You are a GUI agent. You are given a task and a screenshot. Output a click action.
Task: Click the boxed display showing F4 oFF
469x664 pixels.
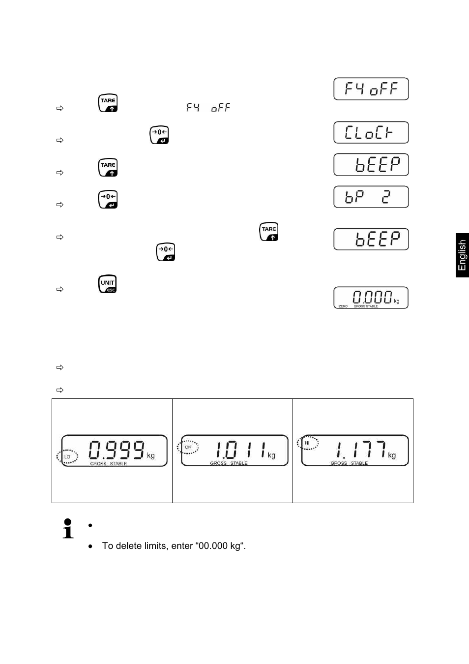(371, 89)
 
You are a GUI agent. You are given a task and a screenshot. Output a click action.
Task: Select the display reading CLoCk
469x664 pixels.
(371, 132)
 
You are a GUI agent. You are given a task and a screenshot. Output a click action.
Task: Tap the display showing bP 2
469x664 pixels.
(371, 197)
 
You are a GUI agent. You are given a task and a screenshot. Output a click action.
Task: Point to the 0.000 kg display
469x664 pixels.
(371, 298)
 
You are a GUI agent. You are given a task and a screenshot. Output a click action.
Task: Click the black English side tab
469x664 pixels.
(462, 255)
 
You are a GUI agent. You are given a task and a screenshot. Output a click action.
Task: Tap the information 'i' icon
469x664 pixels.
(68, 529)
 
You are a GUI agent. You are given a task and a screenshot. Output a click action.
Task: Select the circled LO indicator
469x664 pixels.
(67, 456)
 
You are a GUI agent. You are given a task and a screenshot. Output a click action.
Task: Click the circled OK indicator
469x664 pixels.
(188, 447)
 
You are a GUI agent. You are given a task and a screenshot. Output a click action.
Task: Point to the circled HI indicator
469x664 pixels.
(307, 443)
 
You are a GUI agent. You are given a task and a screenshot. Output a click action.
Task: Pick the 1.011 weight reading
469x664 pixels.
(240, 450)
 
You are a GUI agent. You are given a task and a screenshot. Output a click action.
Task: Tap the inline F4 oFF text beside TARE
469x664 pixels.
(208, 108)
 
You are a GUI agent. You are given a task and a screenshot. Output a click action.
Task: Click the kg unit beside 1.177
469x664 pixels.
(392, 455)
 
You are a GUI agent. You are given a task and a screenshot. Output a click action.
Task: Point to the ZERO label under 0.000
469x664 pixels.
(343, 306)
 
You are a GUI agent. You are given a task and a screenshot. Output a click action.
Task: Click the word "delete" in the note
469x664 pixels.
(129, 546)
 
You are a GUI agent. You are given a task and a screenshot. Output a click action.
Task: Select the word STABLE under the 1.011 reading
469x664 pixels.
(239, 463)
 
